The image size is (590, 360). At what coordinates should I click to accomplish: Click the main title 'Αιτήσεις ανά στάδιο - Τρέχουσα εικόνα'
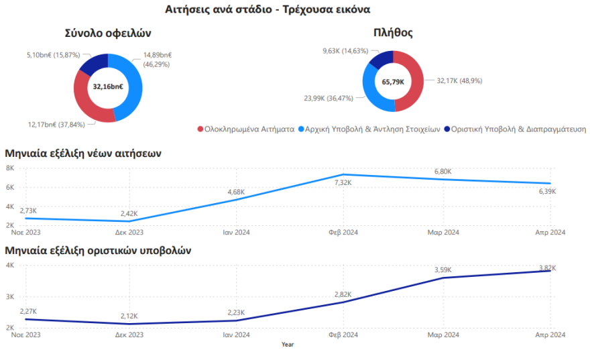[267, 9]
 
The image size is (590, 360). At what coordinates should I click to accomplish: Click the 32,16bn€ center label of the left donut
[107, 86]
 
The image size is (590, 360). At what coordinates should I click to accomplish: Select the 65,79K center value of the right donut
[393, 81]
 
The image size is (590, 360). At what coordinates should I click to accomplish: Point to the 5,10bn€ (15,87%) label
[54, 54]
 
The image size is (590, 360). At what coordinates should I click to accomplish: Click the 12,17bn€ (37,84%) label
[56, 124]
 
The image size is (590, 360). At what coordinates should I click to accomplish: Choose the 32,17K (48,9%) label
[459, 80]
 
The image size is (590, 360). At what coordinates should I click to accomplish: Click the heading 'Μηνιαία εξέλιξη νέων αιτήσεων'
[83, 153]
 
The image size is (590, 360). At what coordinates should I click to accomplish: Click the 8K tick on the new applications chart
[10, 168]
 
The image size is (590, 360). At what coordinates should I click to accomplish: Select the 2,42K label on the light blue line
[129, 213]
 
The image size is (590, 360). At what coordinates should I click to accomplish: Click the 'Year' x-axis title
[288, 345]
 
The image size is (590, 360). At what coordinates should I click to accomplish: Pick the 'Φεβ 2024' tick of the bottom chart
[342, 335]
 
